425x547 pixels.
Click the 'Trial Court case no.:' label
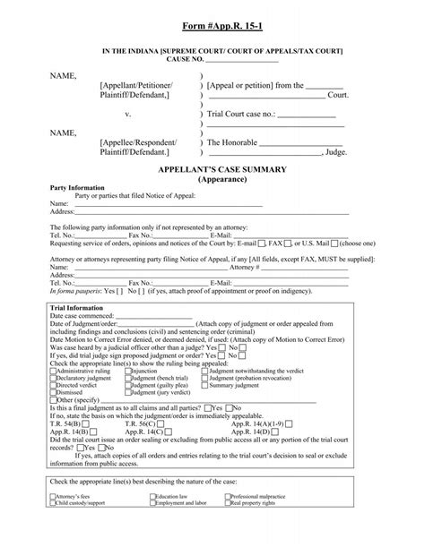[x=243, y=115]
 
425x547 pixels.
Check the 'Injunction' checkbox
[x=129, y=372]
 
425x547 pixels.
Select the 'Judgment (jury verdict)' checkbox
[x=129, y=392]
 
